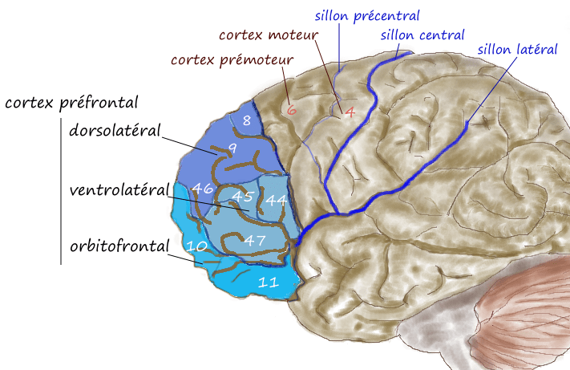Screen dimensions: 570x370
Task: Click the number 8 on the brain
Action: tap(247, 120)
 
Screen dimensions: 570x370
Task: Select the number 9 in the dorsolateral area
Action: tap(232, 148)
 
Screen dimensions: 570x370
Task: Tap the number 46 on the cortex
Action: tap(203, 188)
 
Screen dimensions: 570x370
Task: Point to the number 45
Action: tap(242, 196)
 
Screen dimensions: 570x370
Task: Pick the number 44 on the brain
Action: tap(277, 200)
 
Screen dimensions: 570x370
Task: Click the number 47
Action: tap(255, 240)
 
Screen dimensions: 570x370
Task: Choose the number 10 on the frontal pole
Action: tap(196, 246)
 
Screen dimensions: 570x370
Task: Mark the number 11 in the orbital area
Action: tap(269, 282)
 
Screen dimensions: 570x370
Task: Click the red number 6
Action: tap(292, 109)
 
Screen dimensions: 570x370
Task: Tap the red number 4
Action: tap(350, 112)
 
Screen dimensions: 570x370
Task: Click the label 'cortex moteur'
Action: tap(269, 35)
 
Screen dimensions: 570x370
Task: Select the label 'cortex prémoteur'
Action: tap(232, 59)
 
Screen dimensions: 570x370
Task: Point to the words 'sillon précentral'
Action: tap(367, 15)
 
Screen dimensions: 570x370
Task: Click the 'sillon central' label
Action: tap(422, 35)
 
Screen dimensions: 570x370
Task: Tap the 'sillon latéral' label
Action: tap(517, 49)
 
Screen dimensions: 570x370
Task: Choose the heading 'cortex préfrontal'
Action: tap(71, 102)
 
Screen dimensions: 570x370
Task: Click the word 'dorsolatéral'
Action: tap(115, 130)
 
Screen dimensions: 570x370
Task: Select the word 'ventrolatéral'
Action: tap(119, 189)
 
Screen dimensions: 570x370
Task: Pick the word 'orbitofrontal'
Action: tap(119, 246)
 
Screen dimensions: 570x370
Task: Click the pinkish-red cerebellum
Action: tap(527, 313)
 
